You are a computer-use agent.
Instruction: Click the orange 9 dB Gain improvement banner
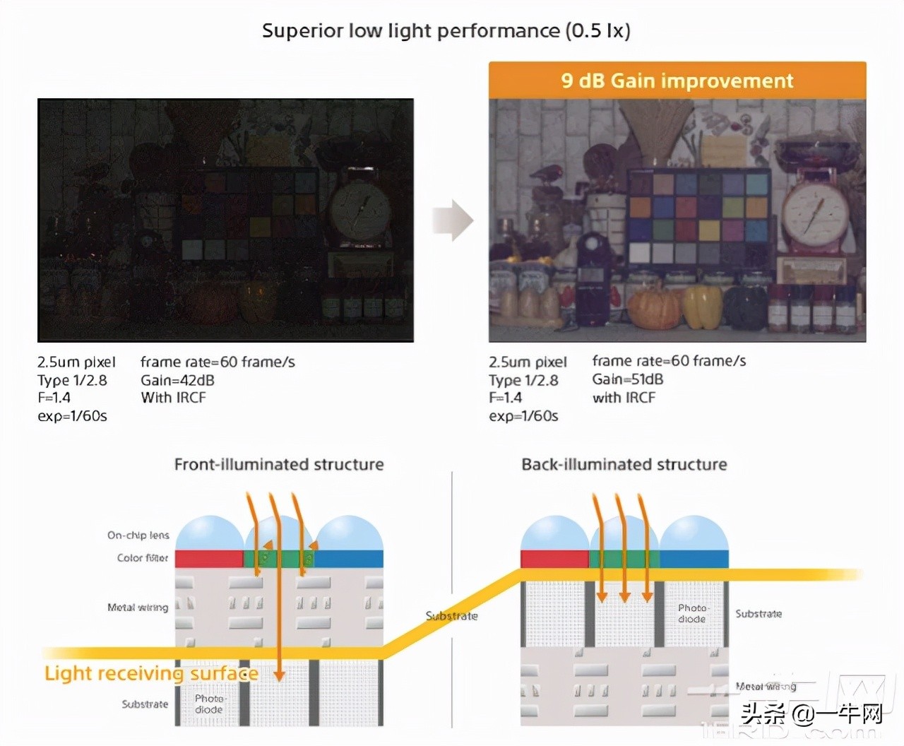tap(677, 81)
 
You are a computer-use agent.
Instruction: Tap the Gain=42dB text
tap(177, 380)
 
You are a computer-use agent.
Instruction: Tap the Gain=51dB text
tap(627, 379)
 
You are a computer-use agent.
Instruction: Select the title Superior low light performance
tap(446, 31)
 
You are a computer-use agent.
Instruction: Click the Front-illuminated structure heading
tap(279, 464)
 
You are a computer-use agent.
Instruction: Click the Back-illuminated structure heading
tap(624, 464)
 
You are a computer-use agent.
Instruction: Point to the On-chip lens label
tap(138, 535)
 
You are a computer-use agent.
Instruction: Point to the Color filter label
tap(143, 558)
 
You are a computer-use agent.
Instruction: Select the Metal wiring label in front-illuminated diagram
tap(138, 608)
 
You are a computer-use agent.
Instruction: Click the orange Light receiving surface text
tap(150, 673)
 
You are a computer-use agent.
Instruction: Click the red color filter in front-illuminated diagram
tap(208, 559)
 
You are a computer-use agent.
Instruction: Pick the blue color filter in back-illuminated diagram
tap(694, 559)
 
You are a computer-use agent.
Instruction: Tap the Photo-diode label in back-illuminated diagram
tap(692, 613)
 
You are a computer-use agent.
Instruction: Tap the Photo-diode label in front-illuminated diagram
tap(209, 704)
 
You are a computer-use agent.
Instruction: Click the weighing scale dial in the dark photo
tap(362, 210)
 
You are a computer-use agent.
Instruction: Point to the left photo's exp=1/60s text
tap(72, 416)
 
